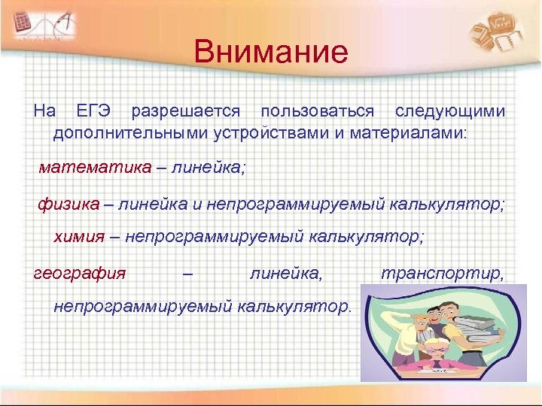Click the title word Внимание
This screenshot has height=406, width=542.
[x=270, y=53]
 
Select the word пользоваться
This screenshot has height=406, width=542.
[x=317, y=111]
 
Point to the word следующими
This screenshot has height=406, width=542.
[x=450, y=111]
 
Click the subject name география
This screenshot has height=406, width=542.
[x=80, y=272]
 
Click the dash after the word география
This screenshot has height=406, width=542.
[x=187, y=272]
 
